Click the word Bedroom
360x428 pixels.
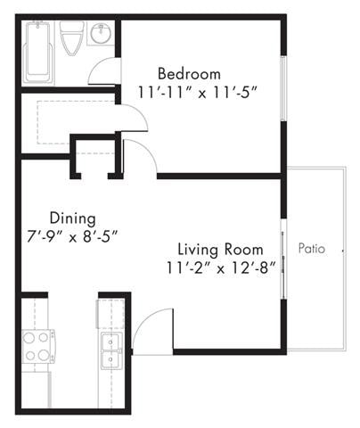tap(189, 74)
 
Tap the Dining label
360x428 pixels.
tap(73, 218)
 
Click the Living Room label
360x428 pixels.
tap(219, 249)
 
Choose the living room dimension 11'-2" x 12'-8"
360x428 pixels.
tap(219, 266)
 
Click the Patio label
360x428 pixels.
tap(312, 249)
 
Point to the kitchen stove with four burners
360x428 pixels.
tap(36, 347)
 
